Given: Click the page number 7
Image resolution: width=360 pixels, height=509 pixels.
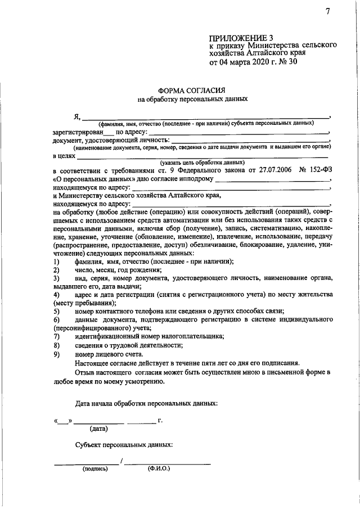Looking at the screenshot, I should point(327,13).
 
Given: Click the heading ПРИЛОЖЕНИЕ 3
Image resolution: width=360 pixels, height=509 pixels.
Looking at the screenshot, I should point(238,37).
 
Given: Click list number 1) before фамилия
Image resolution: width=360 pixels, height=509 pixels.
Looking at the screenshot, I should point(57,262).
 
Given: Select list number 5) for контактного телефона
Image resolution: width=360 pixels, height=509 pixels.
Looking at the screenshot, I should point(57,312).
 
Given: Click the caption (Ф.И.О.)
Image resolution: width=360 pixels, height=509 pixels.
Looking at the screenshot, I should point(159,468).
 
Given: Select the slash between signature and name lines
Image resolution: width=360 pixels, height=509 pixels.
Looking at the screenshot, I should point(121,461).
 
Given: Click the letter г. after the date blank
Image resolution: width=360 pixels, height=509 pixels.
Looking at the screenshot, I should point(161,420).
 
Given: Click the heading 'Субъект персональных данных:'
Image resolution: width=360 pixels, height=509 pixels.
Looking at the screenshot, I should point(124,444).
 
